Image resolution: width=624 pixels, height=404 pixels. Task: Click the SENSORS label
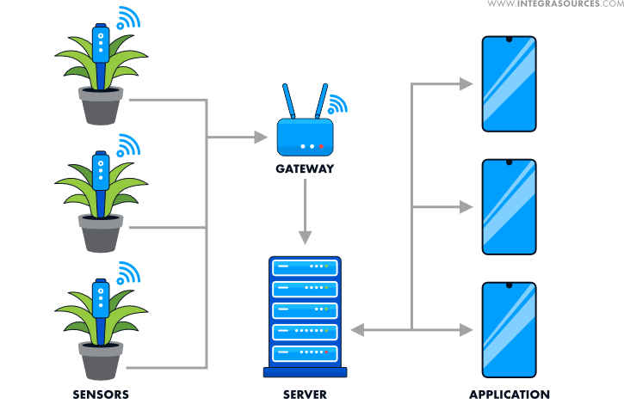click(x=101, y=395)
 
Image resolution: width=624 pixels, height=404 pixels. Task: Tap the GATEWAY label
click(x=305, y=168)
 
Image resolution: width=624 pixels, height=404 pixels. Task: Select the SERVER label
click(x=305, y=395)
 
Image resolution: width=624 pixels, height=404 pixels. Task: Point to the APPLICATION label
click(x=510, y=395)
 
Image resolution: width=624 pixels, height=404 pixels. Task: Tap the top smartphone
click(x=509, y=84)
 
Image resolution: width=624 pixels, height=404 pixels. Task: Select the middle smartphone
click(x=509, y=207)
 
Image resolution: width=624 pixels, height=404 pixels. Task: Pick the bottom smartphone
click(x=509, y=330)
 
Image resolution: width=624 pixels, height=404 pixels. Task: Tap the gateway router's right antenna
click(x=321, y=101)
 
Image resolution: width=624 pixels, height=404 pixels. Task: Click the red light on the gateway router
click(x=321, y=145)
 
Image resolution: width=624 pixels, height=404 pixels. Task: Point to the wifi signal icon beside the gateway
click(x=337, y=104)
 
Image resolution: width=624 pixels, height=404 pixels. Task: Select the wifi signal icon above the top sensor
click(x=128, y=19)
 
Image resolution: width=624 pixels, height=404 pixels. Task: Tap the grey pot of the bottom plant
click(x=101, y=360)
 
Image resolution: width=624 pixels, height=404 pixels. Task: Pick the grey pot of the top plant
click(x=101, y=107)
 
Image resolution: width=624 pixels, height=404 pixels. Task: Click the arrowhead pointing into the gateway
click(x=262, y=136)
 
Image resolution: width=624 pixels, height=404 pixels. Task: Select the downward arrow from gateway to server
click(x=304, y=215)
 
